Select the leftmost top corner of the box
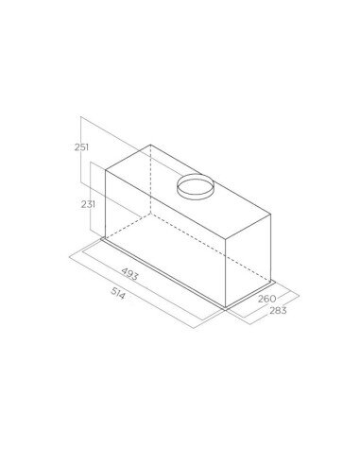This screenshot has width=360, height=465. (x=103, y=173)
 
